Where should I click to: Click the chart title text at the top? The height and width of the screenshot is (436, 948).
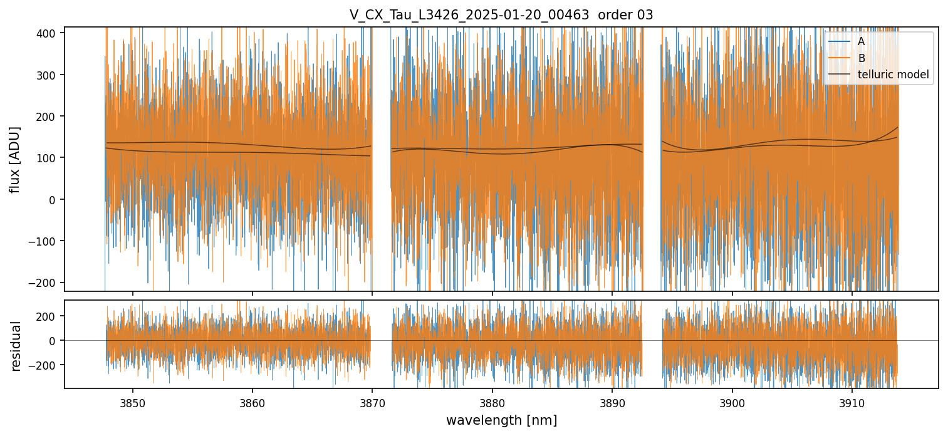(x=501, y=15)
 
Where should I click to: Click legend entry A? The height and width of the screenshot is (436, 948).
(x=861, y=41)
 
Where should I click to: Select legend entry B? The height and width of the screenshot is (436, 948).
(x=861, y=58)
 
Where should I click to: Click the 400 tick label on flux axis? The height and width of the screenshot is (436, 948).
(x=48, y=33)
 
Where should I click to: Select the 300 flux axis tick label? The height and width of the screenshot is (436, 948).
(x=48, y=75)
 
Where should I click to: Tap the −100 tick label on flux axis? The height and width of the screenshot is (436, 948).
(x=46, y=241)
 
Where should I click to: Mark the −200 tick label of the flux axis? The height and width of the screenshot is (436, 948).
(x=46, y=283)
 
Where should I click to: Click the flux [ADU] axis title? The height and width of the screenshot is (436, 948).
(x=15, y=159)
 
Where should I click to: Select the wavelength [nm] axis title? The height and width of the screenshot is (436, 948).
(x=501, y=420)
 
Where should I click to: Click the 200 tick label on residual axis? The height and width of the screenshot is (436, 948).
(x=48, y=316)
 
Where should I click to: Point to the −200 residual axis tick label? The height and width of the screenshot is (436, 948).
(x=46, y=365)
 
